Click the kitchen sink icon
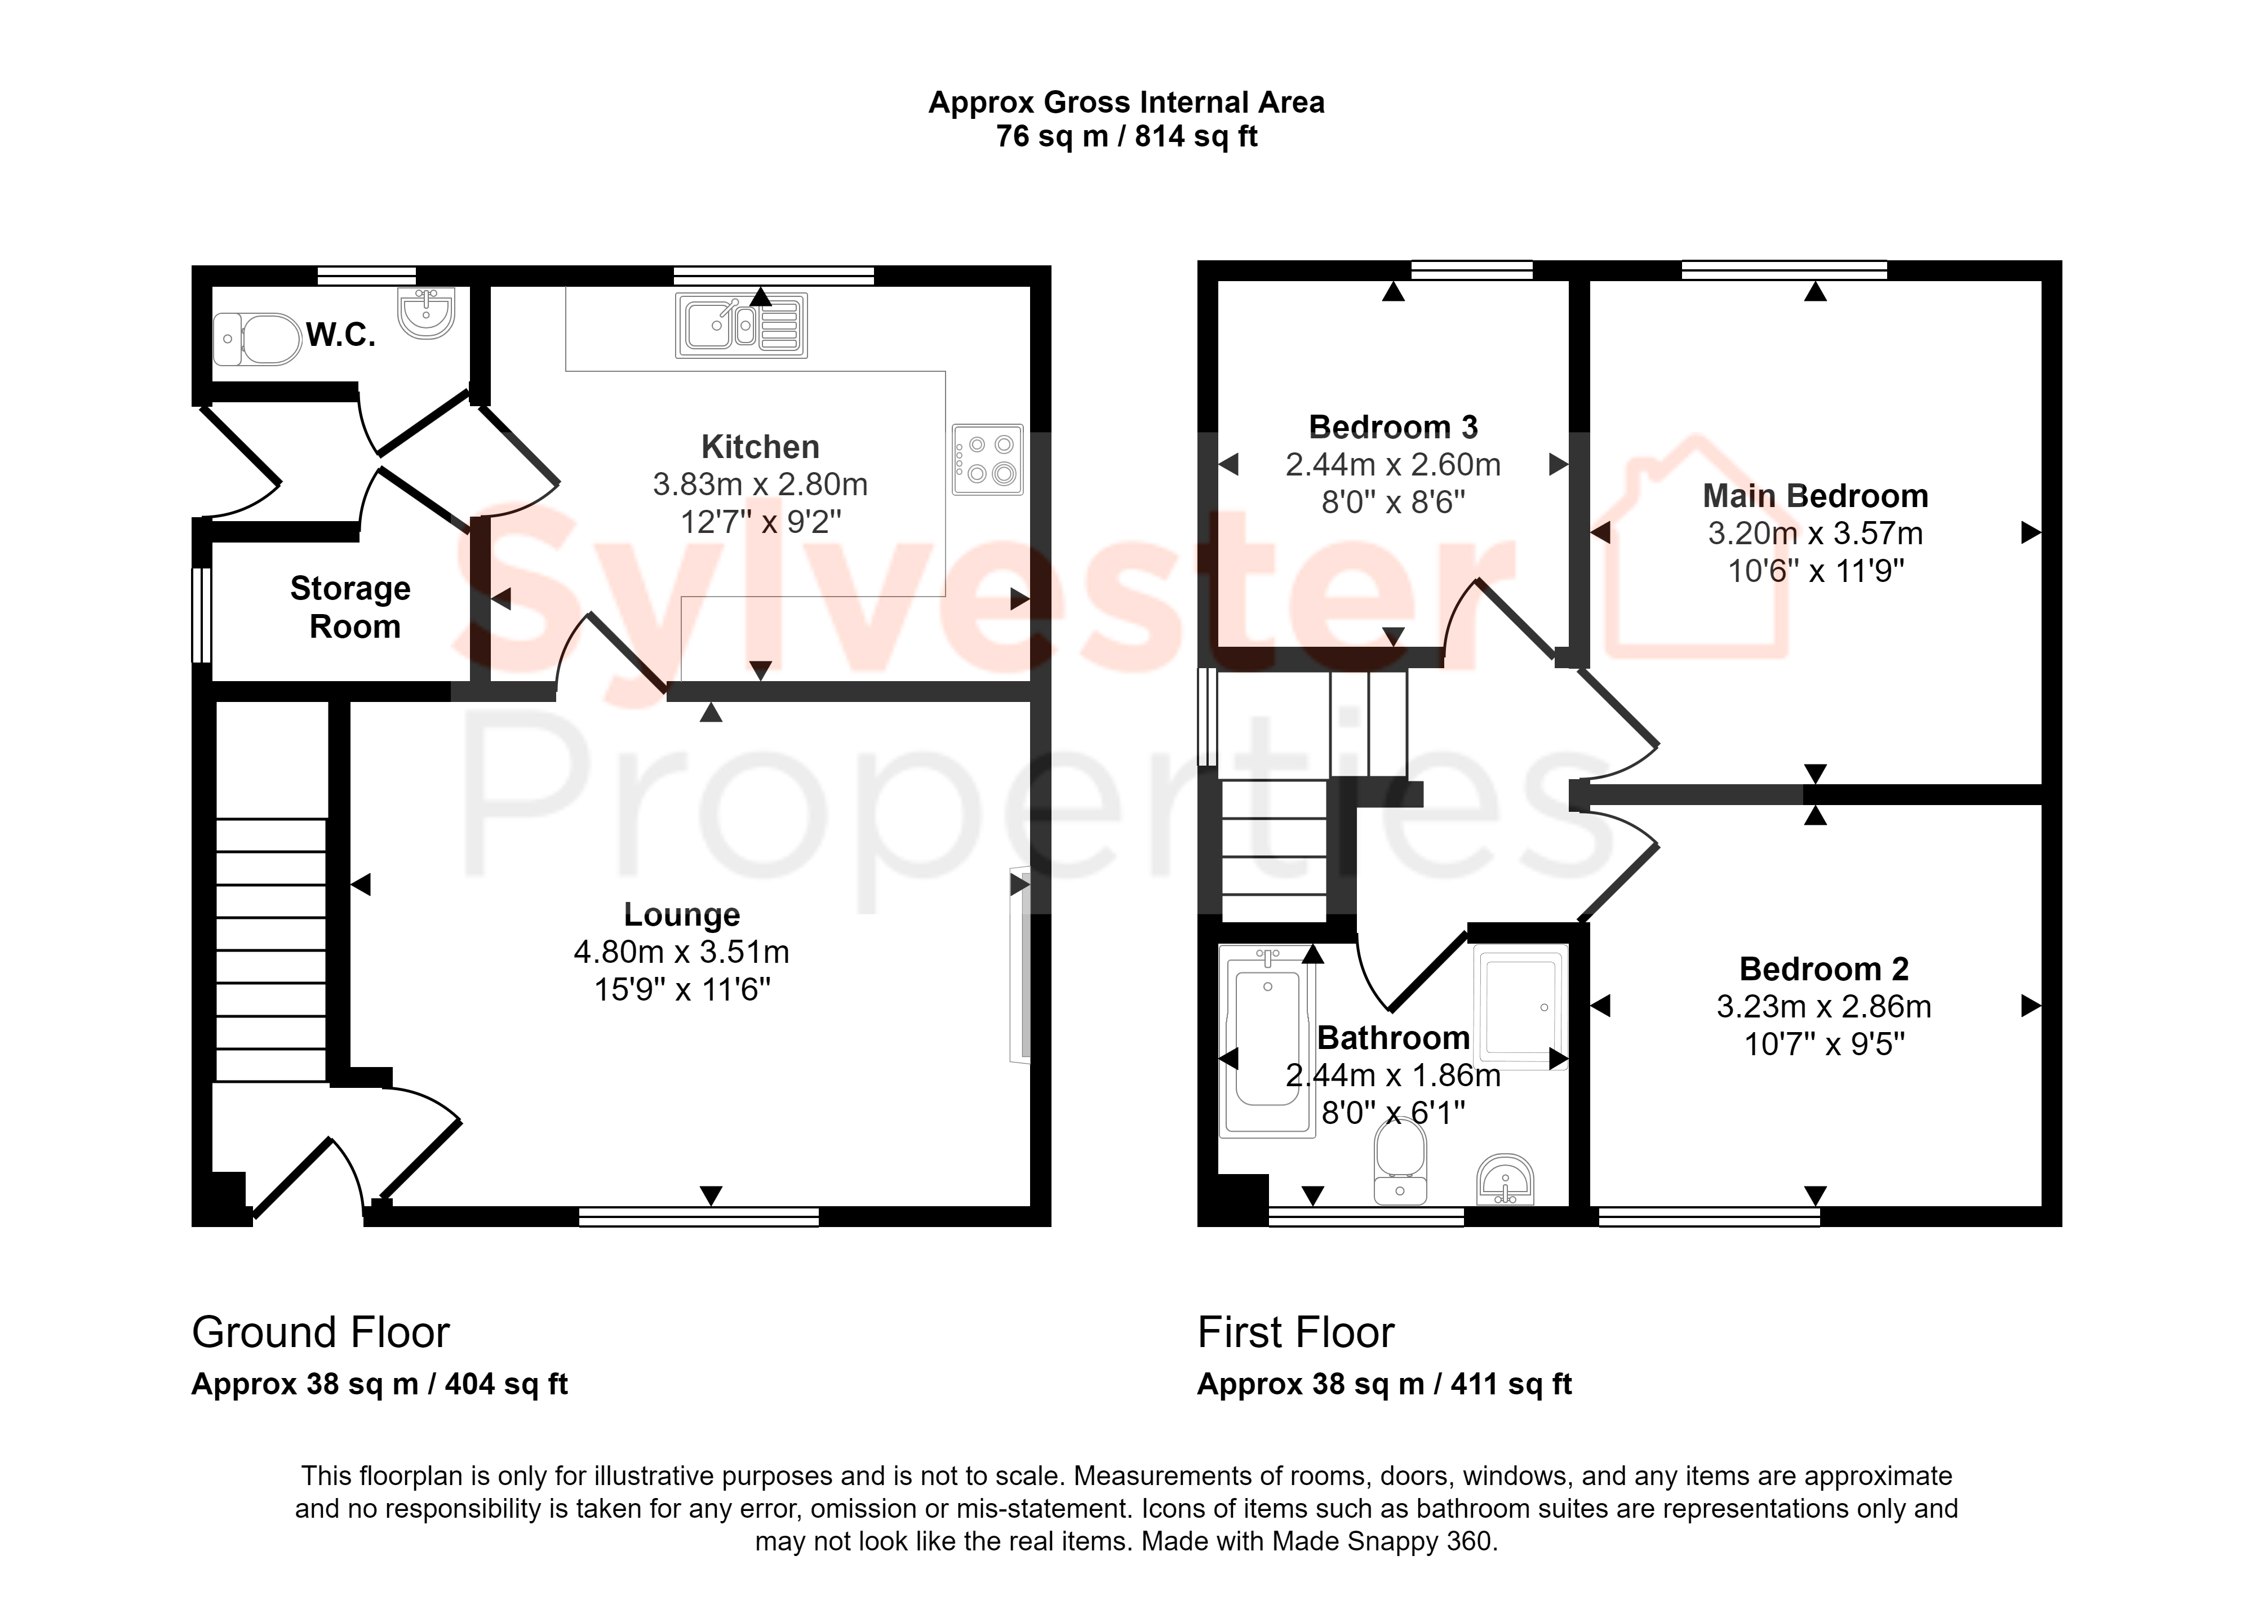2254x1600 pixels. point(741,325)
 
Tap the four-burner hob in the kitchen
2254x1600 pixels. point(987,459)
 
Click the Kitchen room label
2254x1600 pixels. point(760,447)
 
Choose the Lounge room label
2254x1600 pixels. point(682,915)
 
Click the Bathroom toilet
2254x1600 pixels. point(1400,1165)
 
